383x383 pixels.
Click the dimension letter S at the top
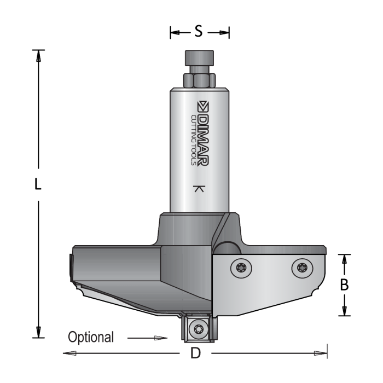(x=199, y=32)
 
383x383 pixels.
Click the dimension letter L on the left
(x=37, y=185)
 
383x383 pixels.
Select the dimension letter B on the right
(x=344, y=285)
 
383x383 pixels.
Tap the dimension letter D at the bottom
(x=195, y=353)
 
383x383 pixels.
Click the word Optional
(x=91, y=337)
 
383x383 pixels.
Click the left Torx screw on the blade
(x=241, y=268)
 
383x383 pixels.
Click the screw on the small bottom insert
(x=198, y=329)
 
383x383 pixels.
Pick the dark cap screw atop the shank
(x=198, y=58)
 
